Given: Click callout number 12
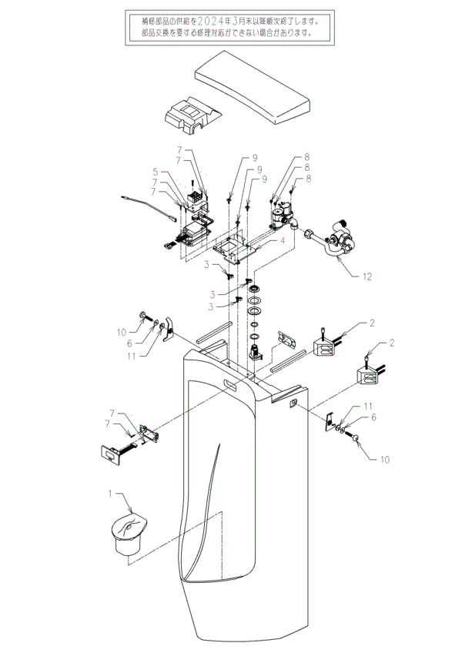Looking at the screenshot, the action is [367, 276].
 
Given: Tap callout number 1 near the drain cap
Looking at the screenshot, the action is [110, 494].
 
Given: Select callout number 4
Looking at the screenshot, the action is [282, 241].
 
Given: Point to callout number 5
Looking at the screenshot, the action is [155, 171].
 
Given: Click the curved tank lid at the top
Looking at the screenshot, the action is [253, 87].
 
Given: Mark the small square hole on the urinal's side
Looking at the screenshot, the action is [294, 403].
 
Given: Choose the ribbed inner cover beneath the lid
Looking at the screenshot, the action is [192, 115].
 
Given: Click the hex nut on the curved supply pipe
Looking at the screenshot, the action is [310, 233].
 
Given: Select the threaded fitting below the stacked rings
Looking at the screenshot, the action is [255, 353].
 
